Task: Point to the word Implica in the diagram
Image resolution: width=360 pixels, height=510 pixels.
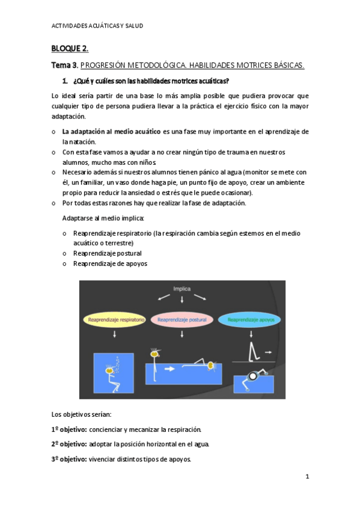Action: (x=182, y=289)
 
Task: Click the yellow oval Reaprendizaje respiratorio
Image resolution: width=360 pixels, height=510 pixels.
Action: (x=114, y=320)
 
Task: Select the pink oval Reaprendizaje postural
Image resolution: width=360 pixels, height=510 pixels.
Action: (x=182, y=320)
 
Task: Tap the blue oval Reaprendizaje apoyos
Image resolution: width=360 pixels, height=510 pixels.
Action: (x=249, y=320)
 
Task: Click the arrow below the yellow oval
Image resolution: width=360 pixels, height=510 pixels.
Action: (x=114, y=336)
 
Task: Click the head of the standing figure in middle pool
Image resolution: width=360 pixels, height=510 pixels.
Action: (x=154, y=354)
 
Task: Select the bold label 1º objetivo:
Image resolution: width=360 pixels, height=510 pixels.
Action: (x=69, y=429)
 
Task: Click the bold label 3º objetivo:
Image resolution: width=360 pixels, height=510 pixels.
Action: (x=69, y=459)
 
